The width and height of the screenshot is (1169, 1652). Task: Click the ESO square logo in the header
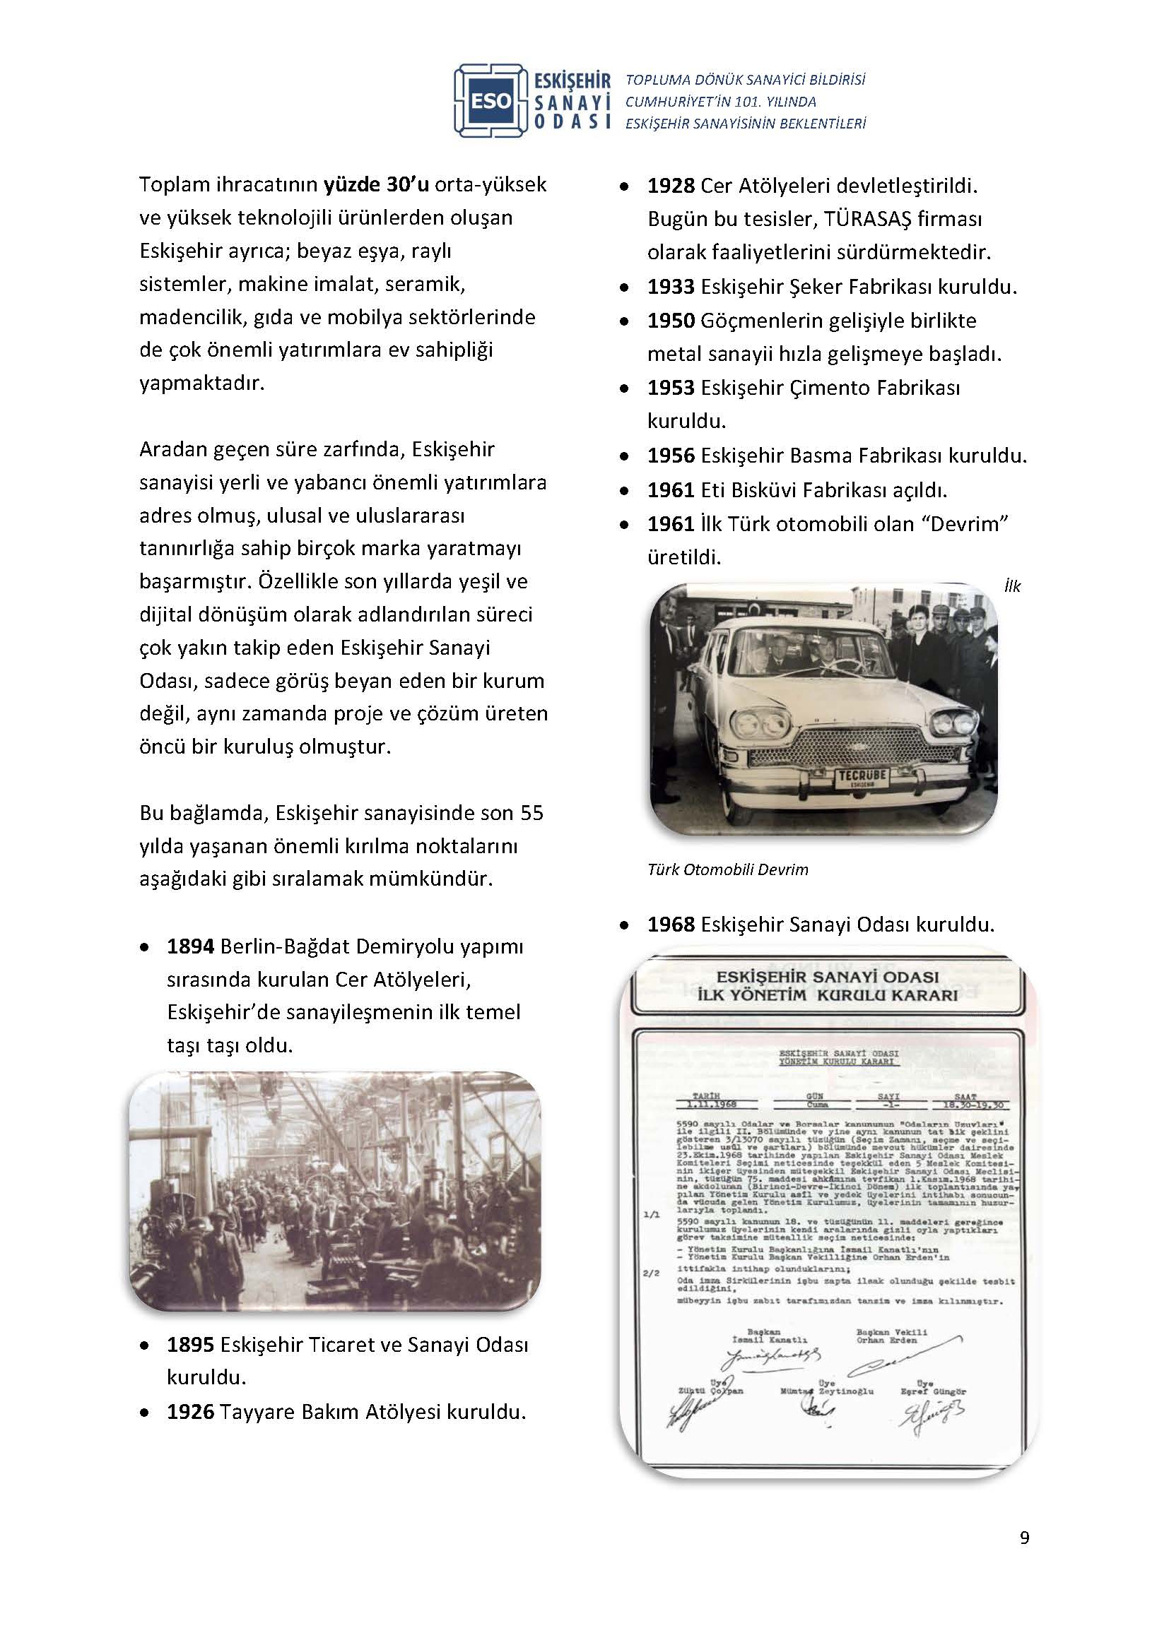493,101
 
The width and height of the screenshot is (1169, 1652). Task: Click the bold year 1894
190,946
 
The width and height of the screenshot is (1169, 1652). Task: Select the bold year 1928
670,186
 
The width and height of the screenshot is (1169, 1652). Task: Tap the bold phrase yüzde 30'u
377,184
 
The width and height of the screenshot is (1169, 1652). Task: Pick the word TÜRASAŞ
867,219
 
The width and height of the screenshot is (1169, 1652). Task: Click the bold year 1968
670,925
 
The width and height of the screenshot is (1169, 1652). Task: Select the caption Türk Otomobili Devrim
727,869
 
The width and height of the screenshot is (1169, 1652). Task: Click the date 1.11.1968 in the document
706,1105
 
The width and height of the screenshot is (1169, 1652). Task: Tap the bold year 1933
670,287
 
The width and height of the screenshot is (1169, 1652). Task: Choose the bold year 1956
670,456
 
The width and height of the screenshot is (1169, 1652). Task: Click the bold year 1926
190,1412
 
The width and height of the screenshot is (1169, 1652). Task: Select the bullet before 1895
146,1345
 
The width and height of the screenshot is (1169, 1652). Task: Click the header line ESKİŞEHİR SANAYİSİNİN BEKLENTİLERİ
745,124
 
